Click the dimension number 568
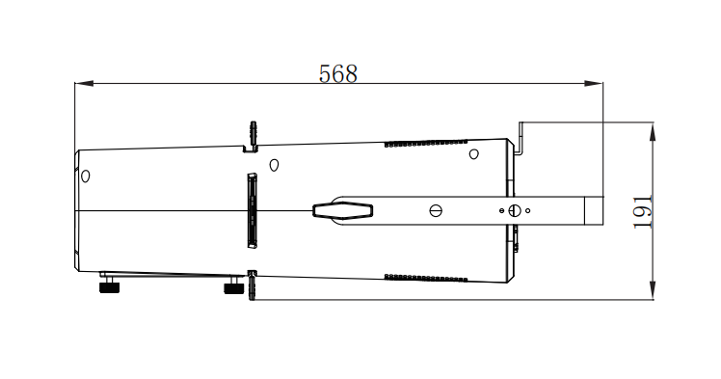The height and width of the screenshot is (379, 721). coord(338,73)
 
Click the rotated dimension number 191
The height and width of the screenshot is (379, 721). coord(643,212)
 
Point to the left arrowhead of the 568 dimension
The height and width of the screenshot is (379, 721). coord(84,83)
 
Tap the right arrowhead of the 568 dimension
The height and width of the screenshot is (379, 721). coord(593,83)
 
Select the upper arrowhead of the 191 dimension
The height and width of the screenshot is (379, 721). coord(653,132)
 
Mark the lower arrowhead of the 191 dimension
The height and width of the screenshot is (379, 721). coord(653,290)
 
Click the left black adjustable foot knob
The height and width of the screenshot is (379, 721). coord(110,287)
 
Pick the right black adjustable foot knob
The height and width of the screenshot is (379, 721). coord(233,288)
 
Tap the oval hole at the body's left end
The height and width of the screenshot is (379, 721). coord(85,176)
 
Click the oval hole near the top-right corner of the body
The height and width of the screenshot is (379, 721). coord(473,154)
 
